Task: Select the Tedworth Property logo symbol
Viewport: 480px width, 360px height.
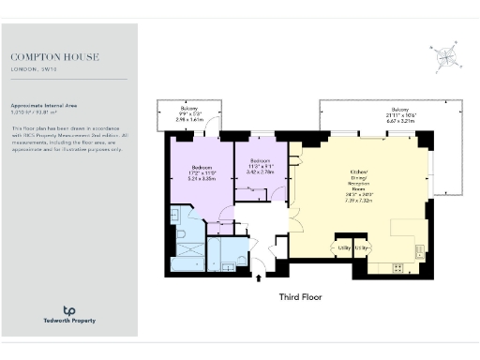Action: pyautogui.click(x=68, y=310)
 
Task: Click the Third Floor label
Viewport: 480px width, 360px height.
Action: pyautogui.click(x=301, y=297)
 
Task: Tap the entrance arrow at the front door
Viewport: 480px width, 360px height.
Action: pyautogui.click(x=260, y=276)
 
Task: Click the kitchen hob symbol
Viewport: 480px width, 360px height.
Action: pyautogui.click(x=397, y=266)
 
